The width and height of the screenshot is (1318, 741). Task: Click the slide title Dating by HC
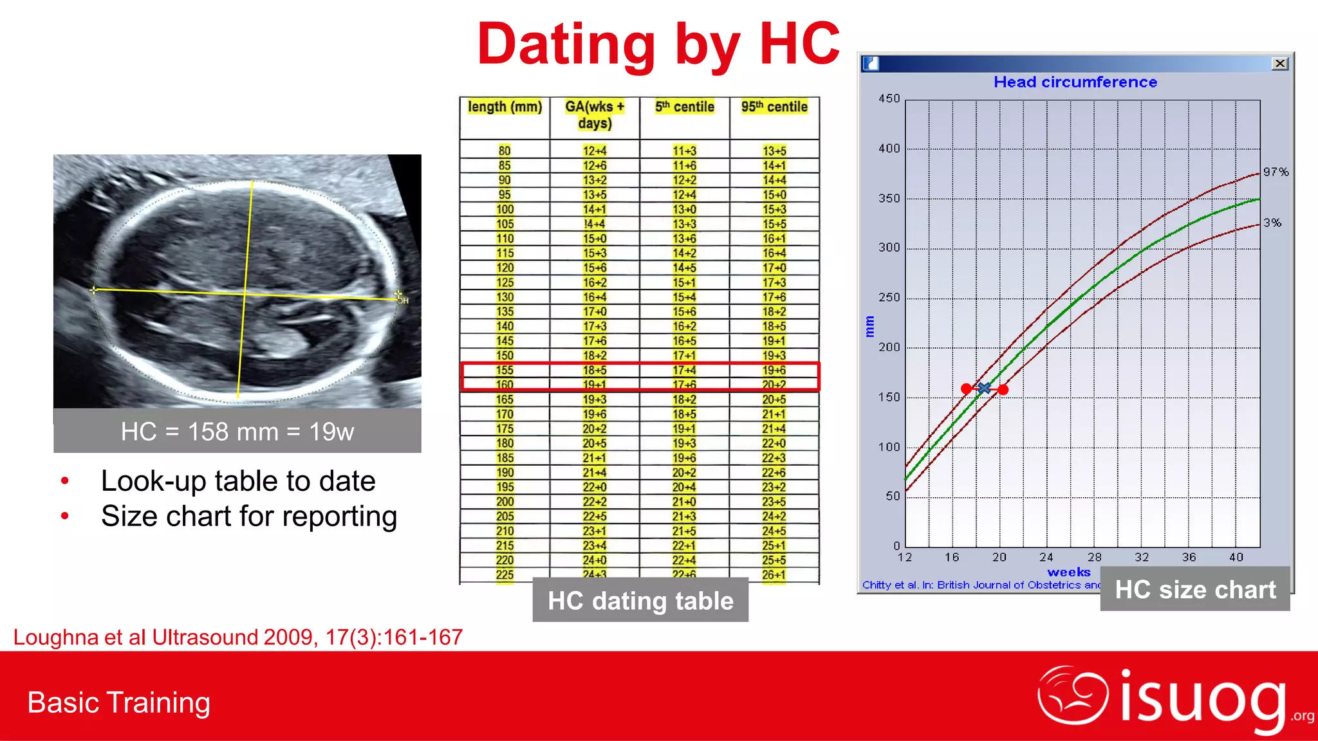click(x=658, y=45)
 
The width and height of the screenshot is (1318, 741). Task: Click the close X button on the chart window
click(x=1279, y=63)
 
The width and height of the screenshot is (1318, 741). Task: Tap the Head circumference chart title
click(x=1075, y=82)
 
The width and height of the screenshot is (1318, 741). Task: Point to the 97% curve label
click(x=1276, y=172)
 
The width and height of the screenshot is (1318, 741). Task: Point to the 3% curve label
click(x=1272, y=223)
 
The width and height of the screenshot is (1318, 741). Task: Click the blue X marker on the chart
click(x=984, y=388)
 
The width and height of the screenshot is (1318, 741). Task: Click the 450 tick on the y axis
click(x=889, y=98)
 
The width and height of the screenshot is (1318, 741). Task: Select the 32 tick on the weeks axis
click(x=1142, y=557)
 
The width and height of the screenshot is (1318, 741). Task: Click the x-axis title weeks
click(x=1068, y=572)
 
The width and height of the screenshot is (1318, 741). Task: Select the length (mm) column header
click(x=505, y=107)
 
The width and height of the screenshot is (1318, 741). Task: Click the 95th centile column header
click(x=774, y=107)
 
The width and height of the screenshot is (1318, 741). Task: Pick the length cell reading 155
click(x=505, y=370)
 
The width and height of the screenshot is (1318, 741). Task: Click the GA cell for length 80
click(x=595, y=151)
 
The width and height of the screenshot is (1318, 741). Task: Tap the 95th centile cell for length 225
click(x=774, y=574)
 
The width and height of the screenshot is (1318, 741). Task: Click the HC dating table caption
click(x=640, y=600)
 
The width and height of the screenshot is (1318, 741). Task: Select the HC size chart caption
click(x=1195, y=589)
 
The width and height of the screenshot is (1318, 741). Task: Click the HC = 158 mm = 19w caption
click(x=237, y=431)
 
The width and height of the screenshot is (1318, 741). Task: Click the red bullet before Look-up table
click(x=64, y=481)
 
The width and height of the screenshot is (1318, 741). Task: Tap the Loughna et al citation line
click(x=238, y=637)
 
